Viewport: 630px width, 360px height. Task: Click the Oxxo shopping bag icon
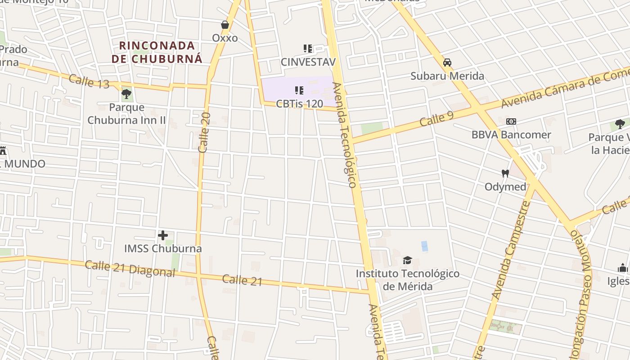[225, 25]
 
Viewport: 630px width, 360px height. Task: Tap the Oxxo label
[225, 38]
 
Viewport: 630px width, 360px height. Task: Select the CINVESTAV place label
[308, 62]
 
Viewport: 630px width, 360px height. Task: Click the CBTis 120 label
[299, 104]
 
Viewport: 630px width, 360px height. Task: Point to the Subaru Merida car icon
[447, 63]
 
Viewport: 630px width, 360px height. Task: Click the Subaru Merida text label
[447, 76]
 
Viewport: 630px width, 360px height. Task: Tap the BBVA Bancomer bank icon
[511, 121]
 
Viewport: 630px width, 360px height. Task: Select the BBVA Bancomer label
[511, 135]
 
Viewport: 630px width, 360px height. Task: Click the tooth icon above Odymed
[505, 173]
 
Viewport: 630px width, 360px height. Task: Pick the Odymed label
[505, 186]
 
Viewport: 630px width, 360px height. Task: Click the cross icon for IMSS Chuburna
[163, 235]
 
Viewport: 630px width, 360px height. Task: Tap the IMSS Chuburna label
[163, 248]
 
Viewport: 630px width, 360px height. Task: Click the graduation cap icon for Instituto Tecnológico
[408, 260]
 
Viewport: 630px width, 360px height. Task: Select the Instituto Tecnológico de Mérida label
[408, 280]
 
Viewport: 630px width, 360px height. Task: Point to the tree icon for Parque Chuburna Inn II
[126, 94]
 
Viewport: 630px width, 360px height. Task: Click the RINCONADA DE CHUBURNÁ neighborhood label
[157, 52]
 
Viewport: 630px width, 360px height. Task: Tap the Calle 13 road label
[89, 81]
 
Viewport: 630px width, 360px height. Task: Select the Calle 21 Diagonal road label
[130, 269]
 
